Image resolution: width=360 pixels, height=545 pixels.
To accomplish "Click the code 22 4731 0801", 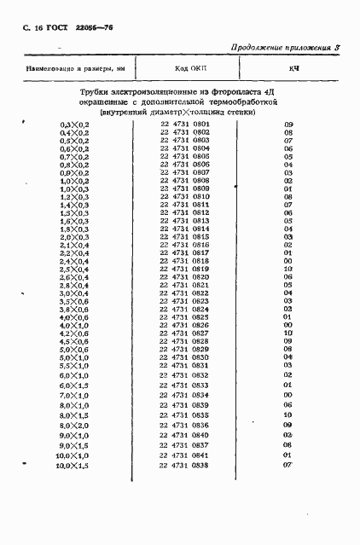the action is click(x=184, y=125).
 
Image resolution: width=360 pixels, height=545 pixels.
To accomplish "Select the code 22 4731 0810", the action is click(x=184, y=197).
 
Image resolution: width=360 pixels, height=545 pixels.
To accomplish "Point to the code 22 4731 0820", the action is click(x=184, y=277).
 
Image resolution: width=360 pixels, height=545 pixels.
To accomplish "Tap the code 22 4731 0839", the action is click(x=184, y=405).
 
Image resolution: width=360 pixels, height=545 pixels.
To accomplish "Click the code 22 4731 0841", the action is click(x=184, y=455).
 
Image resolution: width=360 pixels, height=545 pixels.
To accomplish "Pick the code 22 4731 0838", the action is click(x=184, y=466).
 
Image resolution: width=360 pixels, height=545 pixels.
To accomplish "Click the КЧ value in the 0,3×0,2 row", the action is click(x=288, y=125).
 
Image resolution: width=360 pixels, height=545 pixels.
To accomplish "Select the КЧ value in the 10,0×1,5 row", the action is click(x=288, y=466).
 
